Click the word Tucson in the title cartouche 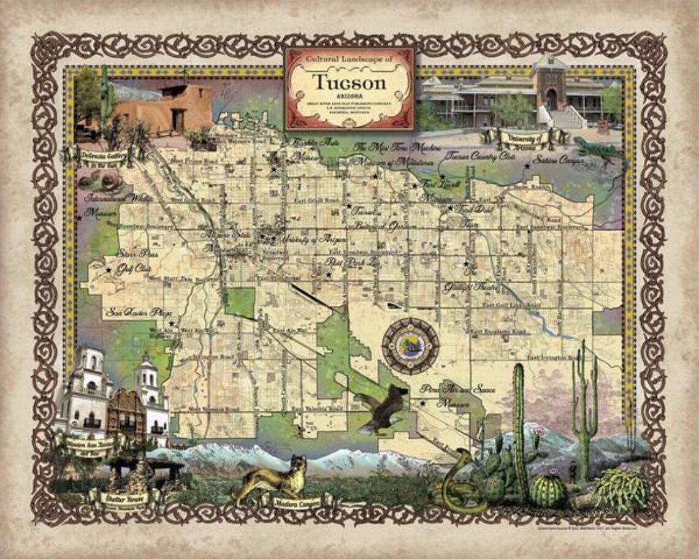349,82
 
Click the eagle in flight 381,409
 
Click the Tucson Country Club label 481,156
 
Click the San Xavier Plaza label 139,312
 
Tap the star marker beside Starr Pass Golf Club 109,270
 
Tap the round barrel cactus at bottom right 547,491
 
